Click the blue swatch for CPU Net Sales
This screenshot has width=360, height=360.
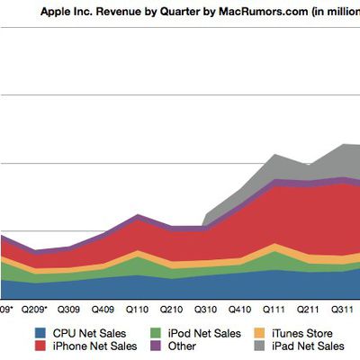40,332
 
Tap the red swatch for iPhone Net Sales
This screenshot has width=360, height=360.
40,346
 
